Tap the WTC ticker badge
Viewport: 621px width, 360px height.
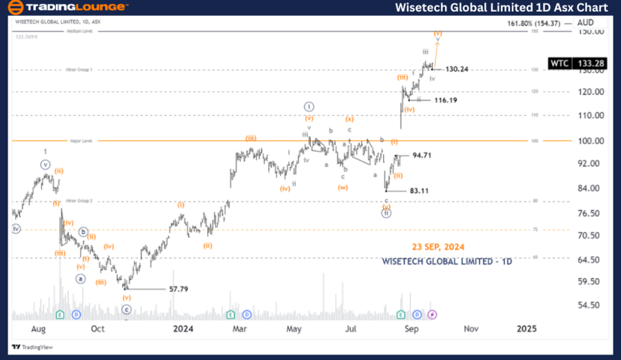(x=559, y=63)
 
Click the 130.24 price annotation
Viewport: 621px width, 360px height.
(x=457, y=69)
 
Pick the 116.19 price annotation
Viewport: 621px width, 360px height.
(x=444, y=101)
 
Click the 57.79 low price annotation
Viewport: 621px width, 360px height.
(x=179, y=289)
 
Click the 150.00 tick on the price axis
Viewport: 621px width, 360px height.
(x=592, y=32)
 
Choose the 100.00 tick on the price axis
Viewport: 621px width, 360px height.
(x=592, y=141)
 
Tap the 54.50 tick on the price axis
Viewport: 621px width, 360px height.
(x=592, y=305)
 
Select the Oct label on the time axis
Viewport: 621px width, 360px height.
(x=98, y=329)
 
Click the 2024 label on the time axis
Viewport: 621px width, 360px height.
(x=183, y=329)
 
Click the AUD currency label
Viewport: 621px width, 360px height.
(x=585, y=22)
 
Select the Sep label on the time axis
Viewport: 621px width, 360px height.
(x=411, y=329)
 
